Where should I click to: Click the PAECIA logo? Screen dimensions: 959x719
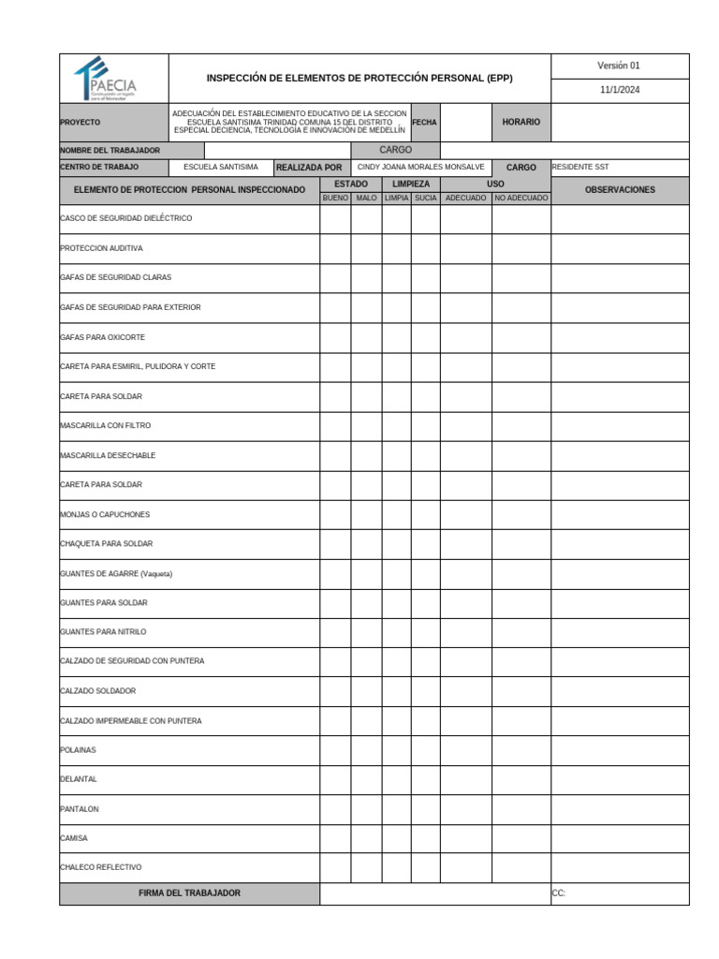112,78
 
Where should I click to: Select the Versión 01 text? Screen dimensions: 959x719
619,66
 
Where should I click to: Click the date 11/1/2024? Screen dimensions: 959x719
619,91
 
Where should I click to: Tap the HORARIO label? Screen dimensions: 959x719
521,123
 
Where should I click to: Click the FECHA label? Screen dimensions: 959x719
424,123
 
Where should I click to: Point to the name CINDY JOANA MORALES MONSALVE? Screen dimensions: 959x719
421,167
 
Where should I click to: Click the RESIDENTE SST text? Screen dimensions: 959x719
580,167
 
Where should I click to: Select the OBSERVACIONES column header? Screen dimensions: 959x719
619,190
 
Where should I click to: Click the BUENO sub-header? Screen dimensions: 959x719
335,199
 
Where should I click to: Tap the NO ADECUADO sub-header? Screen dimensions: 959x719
521,199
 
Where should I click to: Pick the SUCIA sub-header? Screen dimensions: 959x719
425,199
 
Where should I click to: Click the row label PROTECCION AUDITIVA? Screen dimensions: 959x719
101,248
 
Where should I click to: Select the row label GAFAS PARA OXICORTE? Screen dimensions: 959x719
102,337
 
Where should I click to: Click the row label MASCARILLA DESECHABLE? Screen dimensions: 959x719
108,455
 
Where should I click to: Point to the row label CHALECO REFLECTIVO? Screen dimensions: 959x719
100,867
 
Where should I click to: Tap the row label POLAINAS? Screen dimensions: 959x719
78,750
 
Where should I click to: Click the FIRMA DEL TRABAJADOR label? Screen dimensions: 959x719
189,893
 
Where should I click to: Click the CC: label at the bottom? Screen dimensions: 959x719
559,893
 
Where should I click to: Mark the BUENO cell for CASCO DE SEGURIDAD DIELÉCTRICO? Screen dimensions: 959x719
335,218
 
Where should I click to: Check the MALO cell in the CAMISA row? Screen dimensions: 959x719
366,838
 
